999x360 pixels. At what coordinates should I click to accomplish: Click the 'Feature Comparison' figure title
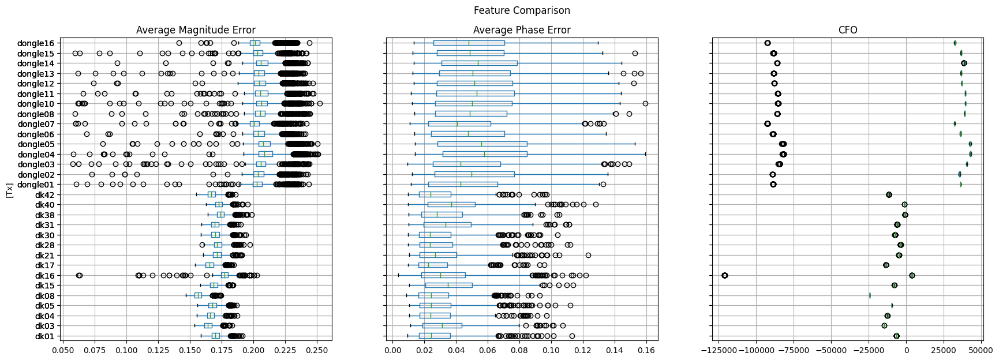click(522, 10)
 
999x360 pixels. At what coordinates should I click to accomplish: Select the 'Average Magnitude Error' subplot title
click(196, 30)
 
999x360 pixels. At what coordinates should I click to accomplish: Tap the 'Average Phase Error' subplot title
click(522, 30)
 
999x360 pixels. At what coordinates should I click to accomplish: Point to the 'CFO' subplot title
click(848, 30)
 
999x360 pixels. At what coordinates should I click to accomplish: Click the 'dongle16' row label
click(36, 43)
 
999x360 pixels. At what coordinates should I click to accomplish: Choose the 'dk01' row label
click(44, 336)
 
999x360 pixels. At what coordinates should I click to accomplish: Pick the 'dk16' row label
click(44, 276)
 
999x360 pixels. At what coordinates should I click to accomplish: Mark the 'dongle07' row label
click(36, 124)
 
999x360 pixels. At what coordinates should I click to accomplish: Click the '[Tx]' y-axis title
click(9, 190)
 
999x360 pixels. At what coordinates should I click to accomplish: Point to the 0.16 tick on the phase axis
click(646, 350)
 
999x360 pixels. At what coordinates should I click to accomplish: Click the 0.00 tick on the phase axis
click(393, 350)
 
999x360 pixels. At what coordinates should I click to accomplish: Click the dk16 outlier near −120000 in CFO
click(725, 275)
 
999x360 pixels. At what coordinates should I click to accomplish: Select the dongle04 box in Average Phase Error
click(485, 154)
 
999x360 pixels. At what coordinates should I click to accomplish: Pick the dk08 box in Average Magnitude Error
click(198, 295)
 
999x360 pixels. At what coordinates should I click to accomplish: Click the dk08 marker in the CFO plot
click(870, 295)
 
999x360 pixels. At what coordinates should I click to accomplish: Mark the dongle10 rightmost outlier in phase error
click(645, 104)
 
